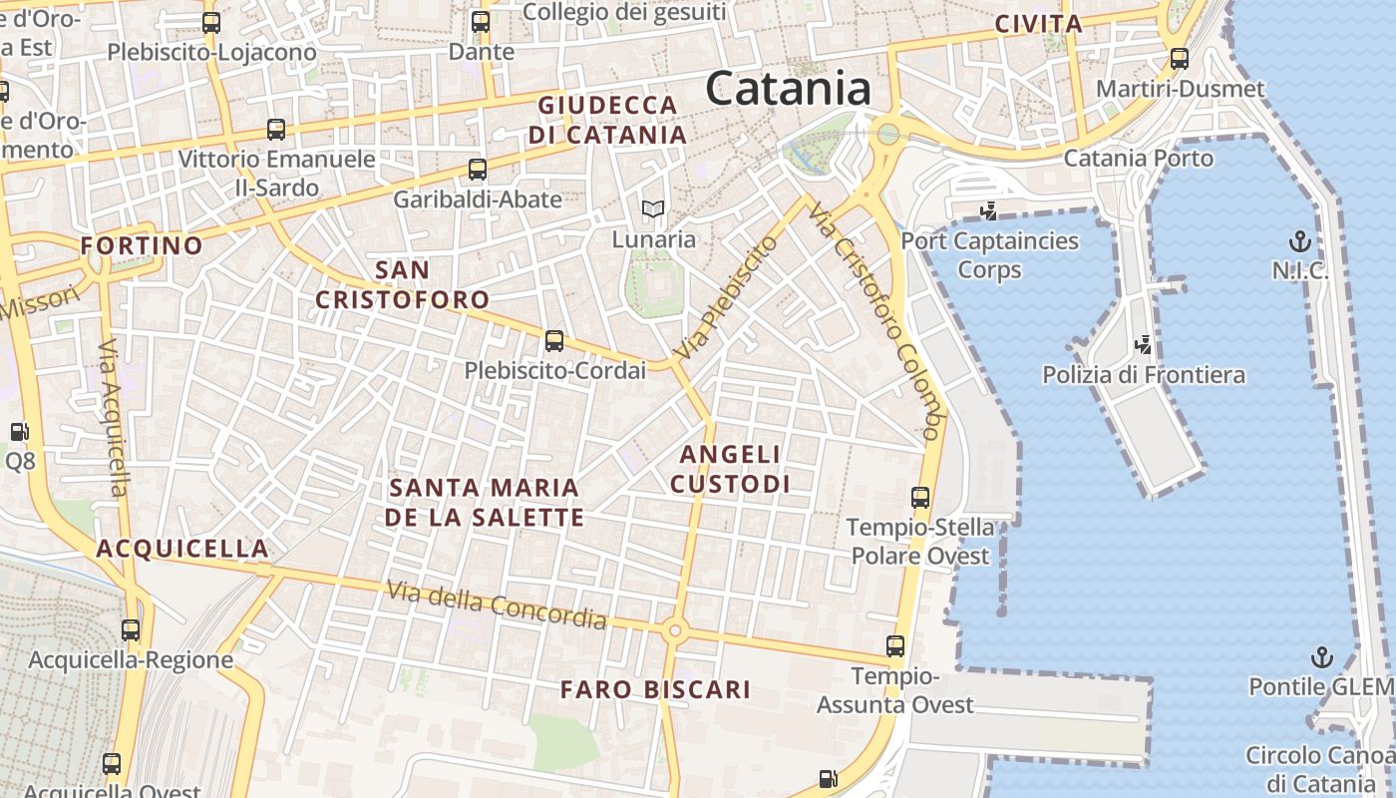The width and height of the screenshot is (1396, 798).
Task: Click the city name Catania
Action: coord(789,89)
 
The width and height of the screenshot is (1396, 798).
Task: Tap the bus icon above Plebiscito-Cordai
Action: coord(554,341)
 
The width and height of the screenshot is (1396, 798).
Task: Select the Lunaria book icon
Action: coord(653,209)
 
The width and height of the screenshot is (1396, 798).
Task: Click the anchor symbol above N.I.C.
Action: coord(1299,240)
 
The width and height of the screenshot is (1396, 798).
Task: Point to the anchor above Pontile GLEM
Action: coord(1321,657)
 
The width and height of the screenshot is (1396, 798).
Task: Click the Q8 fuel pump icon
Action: coord(19,432)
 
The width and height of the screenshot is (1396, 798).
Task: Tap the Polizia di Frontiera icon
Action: coord(1144,345)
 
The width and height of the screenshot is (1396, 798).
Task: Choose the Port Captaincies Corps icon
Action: coord(989,211)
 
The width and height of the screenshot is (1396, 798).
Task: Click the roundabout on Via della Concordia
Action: coord(675,629)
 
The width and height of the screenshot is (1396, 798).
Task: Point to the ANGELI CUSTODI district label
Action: coord(730,469)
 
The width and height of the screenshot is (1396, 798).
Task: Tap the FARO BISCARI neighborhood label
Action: coord(654,689)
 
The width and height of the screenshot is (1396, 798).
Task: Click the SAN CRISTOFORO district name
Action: coord(403,284)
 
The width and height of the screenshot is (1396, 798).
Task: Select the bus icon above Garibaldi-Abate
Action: coord(478,170)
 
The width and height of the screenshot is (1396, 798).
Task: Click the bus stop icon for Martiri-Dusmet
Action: coord(1180,59)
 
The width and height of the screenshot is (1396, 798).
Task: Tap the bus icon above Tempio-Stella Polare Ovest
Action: coord(920,497)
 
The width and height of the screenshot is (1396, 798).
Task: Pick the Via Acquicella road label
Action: coord(114,418)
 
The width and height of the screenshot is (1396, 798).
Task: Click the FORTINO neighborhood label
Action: coord(142,245)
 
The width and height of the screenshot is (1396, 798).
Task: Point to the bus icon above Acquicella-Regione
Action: coord(131,630)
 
